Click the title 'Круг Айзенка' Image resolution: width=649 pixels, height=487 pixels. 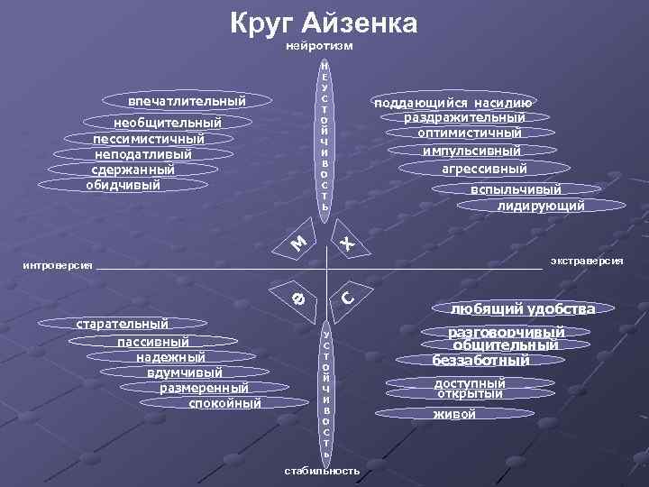click(x=324, y=23)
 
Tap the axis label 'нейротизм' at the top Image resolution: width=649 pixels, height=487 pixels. click(x=319, y=45)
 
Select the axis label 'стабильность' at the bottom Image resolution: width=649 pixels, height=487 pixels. click(x=322, y=471)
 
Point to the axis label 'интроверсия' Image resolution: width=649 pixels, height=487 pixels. click(x=57, y=267)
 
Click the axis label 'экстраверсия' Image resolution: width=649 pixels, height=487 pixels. click(x=587, y=260)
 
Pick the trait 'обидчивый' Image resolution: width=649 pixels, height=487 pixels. click(x=123, y=185)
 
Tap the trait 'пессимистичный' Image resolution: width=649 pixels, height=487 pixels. click(x=149, y=139)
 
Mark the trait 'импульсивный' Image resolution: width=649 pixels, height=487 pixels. click(x=472, y=150)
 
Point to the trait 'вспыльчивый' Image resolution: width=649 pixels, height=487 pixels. click(x=516, y=189)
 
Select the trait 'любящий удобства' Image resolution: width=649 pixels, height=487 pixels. click(x=523, y=309)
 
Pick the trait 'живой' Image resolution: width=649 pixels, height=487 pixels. click(x=454, y=414)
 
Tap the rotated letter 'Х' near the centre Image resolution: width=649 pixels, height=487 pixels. click(x=346, y=243)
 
